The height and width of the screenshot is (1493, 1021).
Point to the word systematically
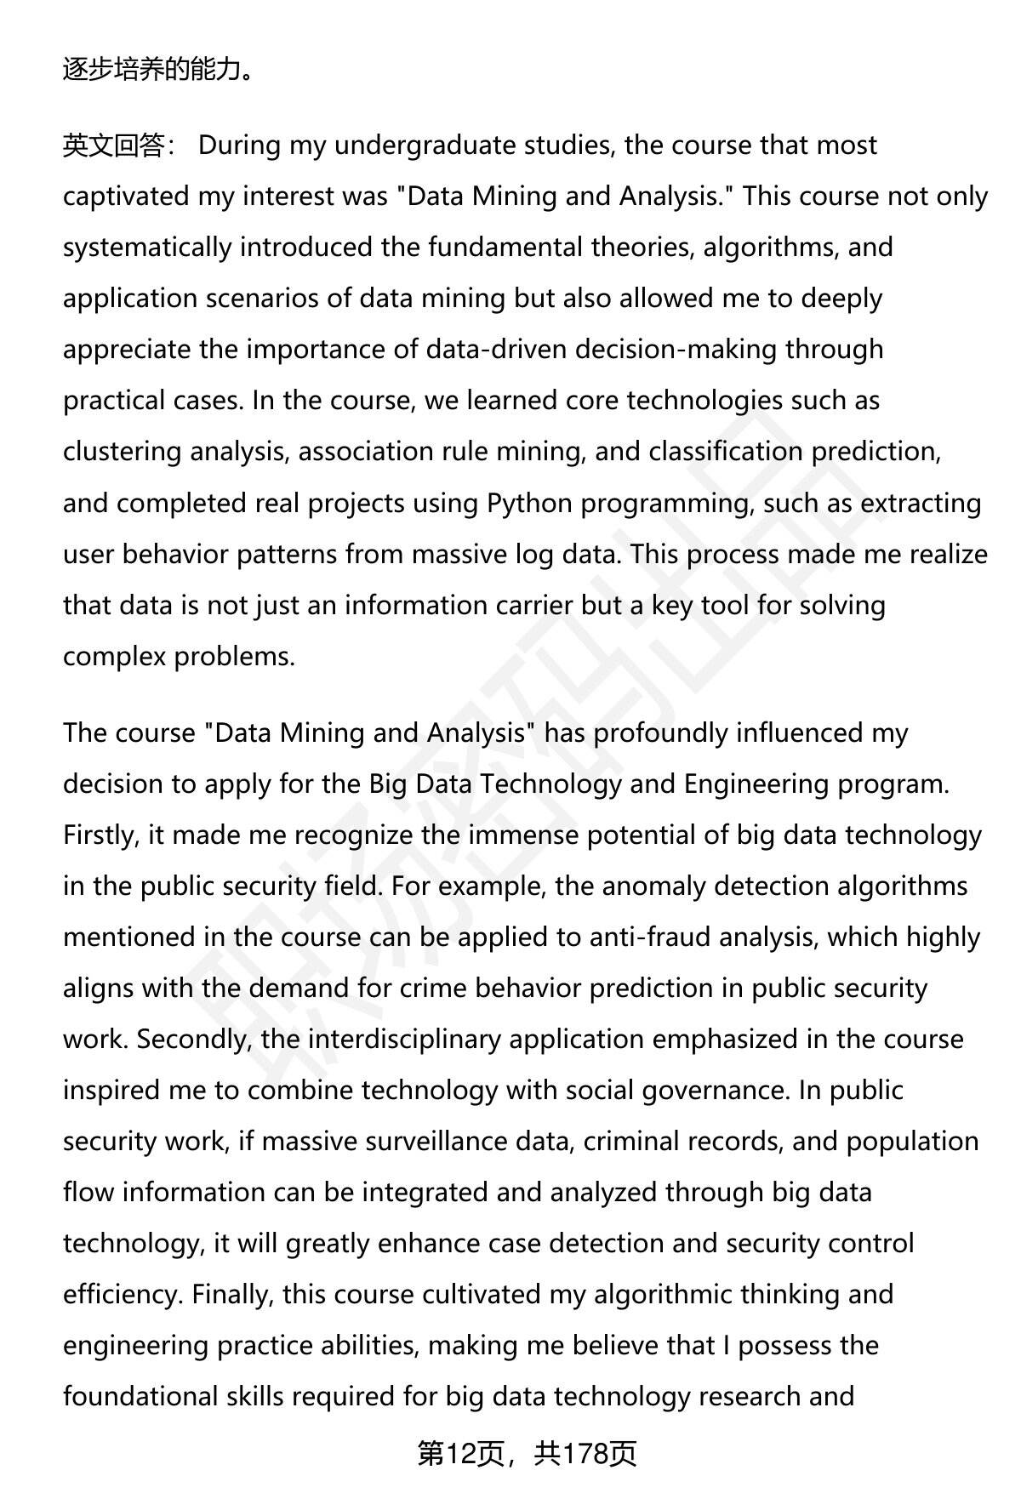[x=147, y=248]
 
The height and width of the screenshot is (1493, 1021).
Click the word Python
[x=529, y=503]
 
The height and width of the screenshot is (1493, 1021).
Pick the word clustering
[x=122, y=452]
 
